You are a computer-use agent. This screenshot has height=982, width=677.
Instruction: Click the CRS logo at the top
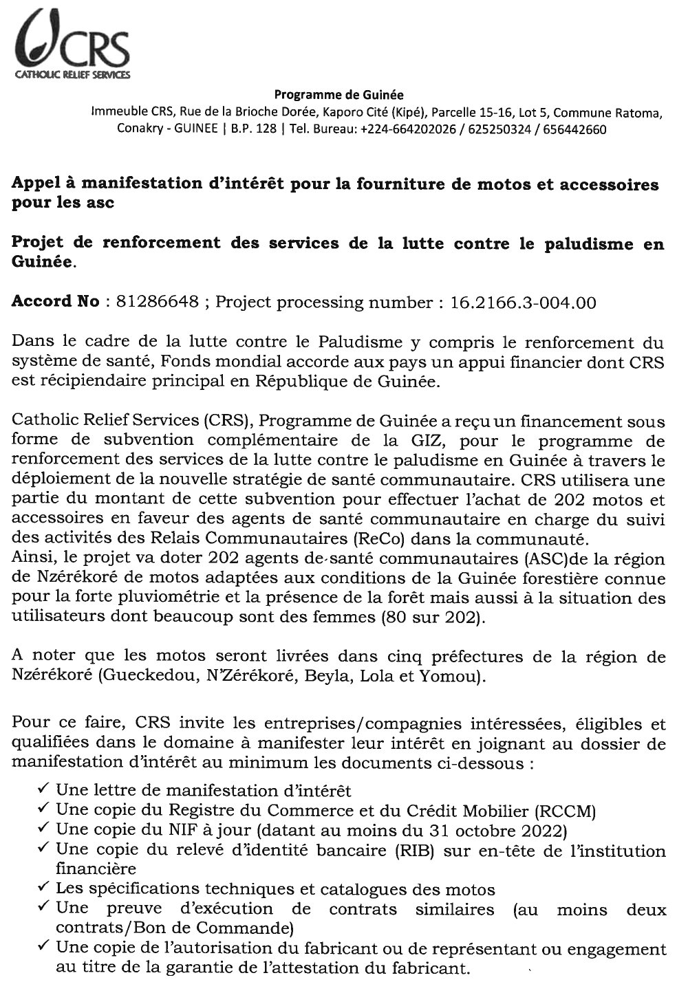[73, 44]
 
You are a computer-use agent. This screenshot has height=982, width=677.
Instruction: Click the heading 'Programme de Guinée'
[339, 95]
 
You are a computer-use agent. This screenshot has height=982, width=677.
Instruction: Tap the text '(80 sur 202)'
[441, 618]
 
